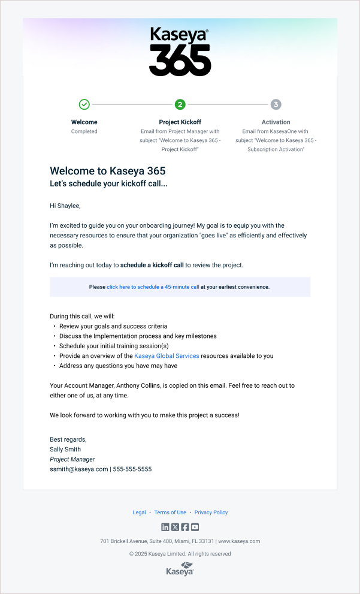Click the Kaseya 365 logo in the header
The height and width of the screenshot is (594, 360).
tap(180, 52)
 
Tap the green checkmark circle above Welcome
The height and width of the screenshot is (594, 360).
tap(84, 104)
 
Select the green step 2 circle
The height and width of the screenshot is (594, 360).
tap(180, 104)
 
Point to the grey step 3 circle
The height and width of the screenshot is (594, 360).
tap(276, 104)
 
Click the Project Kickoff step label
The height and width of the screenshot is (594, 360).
tap(180, 122)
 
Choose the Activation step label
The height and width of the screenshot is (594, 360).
tap(276, 122)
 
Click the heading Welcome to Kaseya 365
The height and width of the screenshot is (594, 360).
tap(107, 171)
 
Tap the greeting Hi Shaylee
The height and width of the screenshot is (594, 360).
tap(65, 206)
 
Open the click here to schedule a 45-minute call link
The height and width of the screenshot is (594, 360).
tap(153, 287)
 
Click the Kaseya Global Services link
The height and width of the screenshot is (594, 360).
tap(167, 356)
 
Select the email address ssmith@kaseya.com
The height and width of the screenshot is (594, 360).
tap(78, 469)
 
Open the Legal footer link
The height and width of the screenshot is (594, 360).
tap(139, 512)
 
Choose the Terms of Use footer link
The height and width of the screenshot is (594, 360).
tap(170, 512)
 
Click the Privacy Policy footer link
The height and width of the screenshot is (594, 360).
tap(211, 512)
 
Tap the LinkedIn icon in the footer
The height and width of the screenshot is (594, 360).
tap(165, 527)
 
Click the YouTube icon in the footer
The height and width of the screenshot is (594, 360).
tap(195, 527)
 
